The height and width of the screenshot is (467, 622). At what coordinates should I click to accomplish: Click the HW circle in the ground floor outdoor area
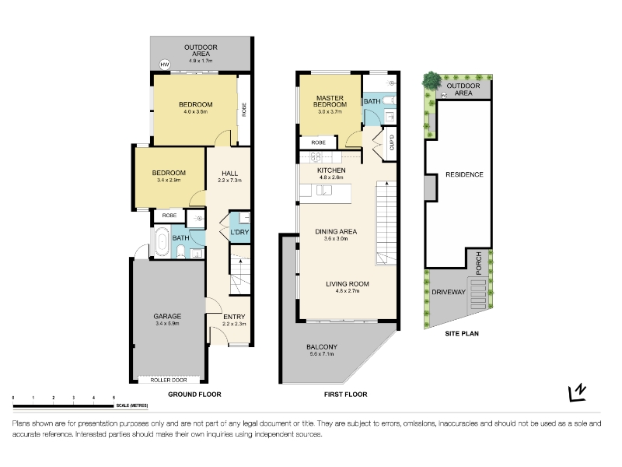pyautogui.click(x=165, y=65)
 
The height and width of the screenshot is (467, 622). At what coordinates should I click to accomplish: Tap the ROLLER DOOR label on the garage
pyautogui.click(x=169, y=380)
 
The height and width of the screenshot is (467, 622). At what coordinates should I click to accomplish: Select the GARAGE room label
pyautogui.click(x=167, y=316)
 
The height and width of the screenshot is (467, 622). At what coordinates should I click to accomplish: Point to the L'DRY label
pyautogui.click(x=239, y=232)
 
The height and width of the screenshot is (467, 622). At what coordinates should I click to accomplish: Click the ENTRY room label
pyautogui.click(x=234, y=317)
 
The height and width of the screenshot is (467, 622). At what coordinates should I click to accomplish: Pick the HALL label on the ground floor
pyautogui.click(x=229, y=173)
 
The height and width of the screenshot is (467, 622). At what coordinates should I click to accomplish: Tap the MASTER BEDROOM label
pyautogui.click(x=330, y=101)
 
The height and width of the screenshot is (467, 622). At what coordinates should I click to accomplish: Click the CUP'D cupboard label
pyautogui.click(x=392, y=143)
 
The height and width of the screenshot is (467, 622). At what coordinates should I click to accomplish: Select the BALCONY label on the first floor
pyautogui.click(x=322, y=346)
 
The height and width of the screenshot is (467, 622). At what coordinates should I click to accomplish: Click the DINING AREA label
pyautogui.click(x=336, y=231)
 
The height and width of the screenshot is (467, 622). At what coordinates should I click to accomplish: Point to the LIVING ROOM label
pyautogui.click(x=348, y=284)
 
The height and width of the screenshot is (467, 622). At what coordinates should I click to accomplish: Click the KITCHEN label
pyautogui.click(x=331, y=170)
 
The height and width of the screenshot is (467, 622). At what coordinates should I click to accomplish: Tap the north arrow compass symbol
pyautogui.click(x=577, y=392)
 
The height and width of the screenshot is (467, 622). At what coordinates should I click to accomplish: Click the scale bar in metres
pyautogui.click(x=63, y=406)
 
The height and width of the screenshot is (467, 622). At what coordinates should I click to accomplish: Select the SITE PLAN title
pyautogui.click(x=462, y=334)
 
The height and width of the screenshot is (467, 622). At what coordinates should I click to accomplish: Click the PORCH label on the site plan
pyautogui.click(x=478, y=263)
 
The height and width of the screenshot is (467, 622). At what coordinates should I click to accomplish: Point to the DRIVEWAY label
pyautogui.click(x=449, y=292)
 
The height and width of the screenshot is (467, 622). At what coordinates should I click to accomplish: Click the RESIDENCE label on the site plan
pyautogui.click(x=464, y=174)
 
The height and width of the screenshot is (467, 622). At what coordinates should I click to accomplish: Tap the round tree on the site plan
pyautogui.click(x=432, y=81)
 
